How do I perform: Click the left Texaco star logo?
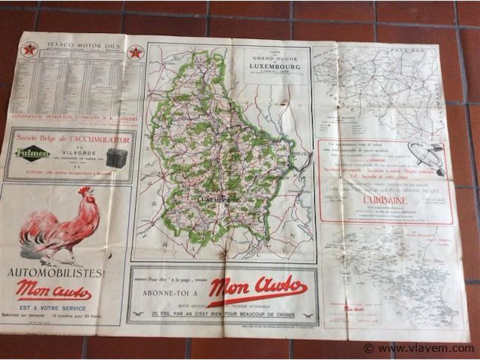[x=29, y=49]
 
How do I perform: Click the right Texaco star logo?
[x=136, y=52]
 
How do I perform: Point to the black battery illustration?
[x=116, y=157]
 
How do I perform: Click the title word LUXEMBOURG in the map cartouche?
[x=275, y=66]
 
